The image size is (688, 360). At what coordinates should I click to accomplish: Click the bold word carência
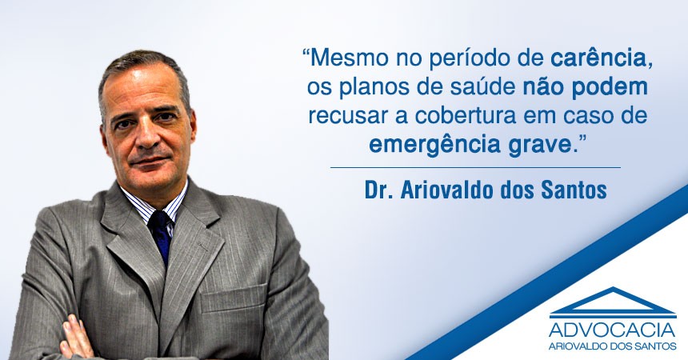point(598,59)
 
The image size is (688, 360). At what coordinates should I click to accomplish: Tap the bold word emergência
point(434,146)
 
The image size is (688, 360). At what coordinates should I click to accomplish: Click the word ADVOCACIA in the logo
point(613,330)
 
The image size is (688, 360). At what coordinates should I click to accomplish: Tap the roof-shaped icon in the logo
point(613,302)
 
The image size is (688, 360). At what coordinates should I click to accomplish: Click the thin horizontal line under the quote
point(475,167)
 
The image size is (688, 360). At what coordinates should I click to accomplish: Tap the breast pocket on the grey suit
point(233,299)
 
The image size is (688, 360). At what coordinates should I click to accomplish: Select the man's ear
point(192,128)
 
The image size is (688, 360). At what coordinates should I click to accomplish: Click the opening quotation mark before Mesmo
point(306,53)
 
